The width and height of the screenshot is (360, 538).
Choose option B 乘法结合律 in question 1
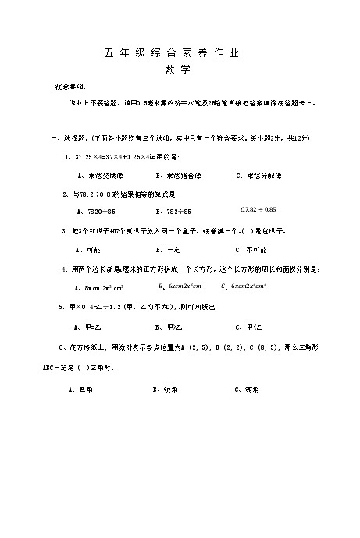pos(178,176)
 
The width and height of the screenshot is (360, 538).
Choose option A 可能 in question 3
pos(86,250)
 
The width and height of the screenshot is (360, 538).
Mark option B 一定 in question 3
pos(168,250)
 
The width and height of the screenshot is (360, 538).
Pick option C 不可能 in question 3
pos(251,250)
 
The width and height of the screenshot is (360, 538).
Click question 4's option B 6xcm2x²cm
pos(184,287)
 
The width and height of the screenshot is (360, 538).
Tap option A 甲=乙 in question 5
pos(85,326)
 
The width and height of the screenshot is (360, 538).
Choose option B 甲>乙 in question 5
pos(169,326)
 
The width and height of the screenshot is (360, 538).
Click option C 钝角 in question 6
pos(248,388)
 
